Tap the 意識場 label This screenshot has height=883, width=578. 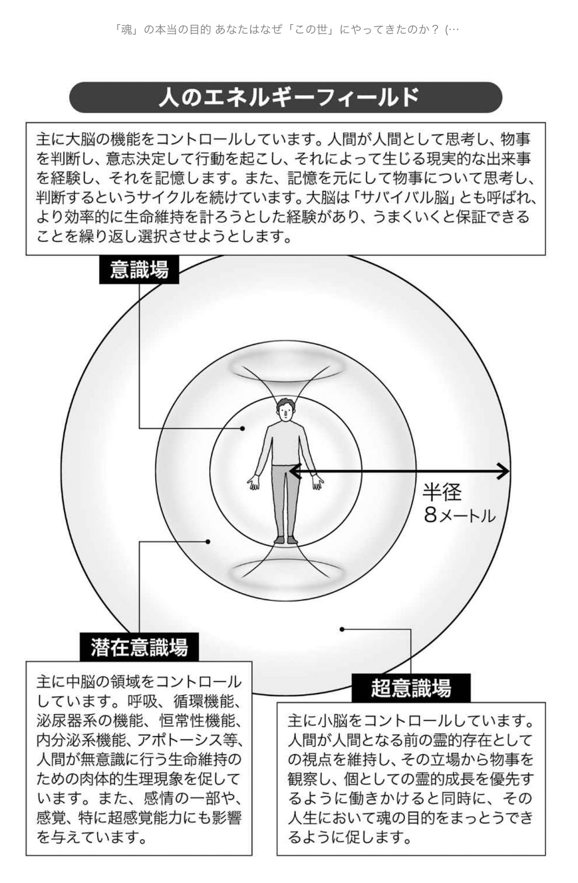coord(139,270)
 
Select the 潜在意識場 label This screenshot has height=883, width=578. coord(139,647)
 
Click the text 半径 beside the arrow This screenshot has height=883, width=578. coord(442,492)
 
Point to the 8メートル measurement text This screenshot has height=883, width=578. coord(459,515)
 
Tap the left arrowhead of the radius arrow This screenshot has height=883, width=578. coord(294,471)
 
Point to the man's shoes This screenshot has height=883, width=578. coord(285,540)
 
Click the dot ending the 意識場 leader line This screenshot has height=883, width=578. coord(242,428)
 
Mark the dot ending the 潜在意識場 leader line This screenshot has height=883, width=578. coord(208,541)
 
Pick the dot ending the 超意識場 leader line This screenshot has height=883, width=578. coord(342,629)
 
